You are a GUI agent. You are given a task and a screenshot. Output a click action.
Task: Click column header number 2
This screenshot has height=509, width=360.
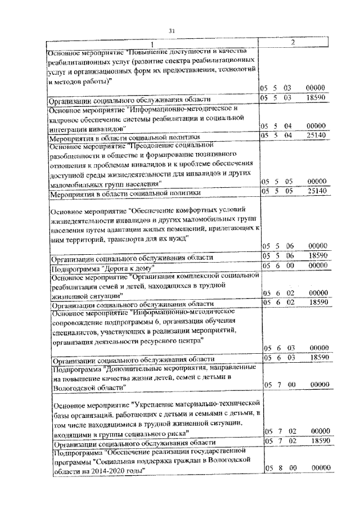(292, 43)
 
